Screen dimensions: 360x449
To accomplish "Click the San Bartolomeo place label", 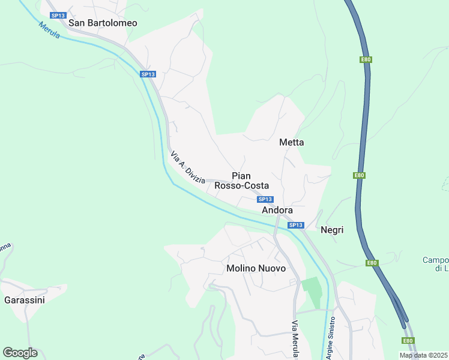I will coord(103,23).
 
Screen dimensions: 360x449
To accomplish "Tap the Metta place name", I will coord(292,143).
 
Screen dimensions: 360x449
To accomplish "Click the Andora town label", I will coord(277,211).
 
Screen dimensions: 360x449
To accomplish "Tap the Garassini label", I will coord(24,300).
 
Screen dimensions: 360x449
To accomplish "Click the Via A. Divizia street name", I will coord(188,167).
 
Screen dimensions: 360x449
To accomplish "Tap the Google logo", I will coord(20,353).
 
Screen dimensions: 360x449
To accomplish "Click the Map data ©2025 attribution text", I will coord(423,355).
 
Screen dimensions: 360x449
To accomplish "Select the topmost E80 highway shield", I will coord(366,59).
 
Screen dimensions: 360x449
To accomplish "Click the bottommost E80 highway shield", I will coord(408,341).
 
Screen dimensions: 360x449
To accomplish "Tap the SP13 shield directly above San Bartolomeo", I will coord(58,15).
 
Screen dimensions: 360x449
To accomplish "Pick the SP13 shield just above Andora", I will coord(265,199).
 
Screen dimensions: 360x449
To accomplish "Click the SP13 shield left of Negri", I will coord(295,225).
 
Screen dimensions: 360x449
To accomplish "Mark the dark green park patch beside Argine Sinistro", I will coord(312,292).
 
